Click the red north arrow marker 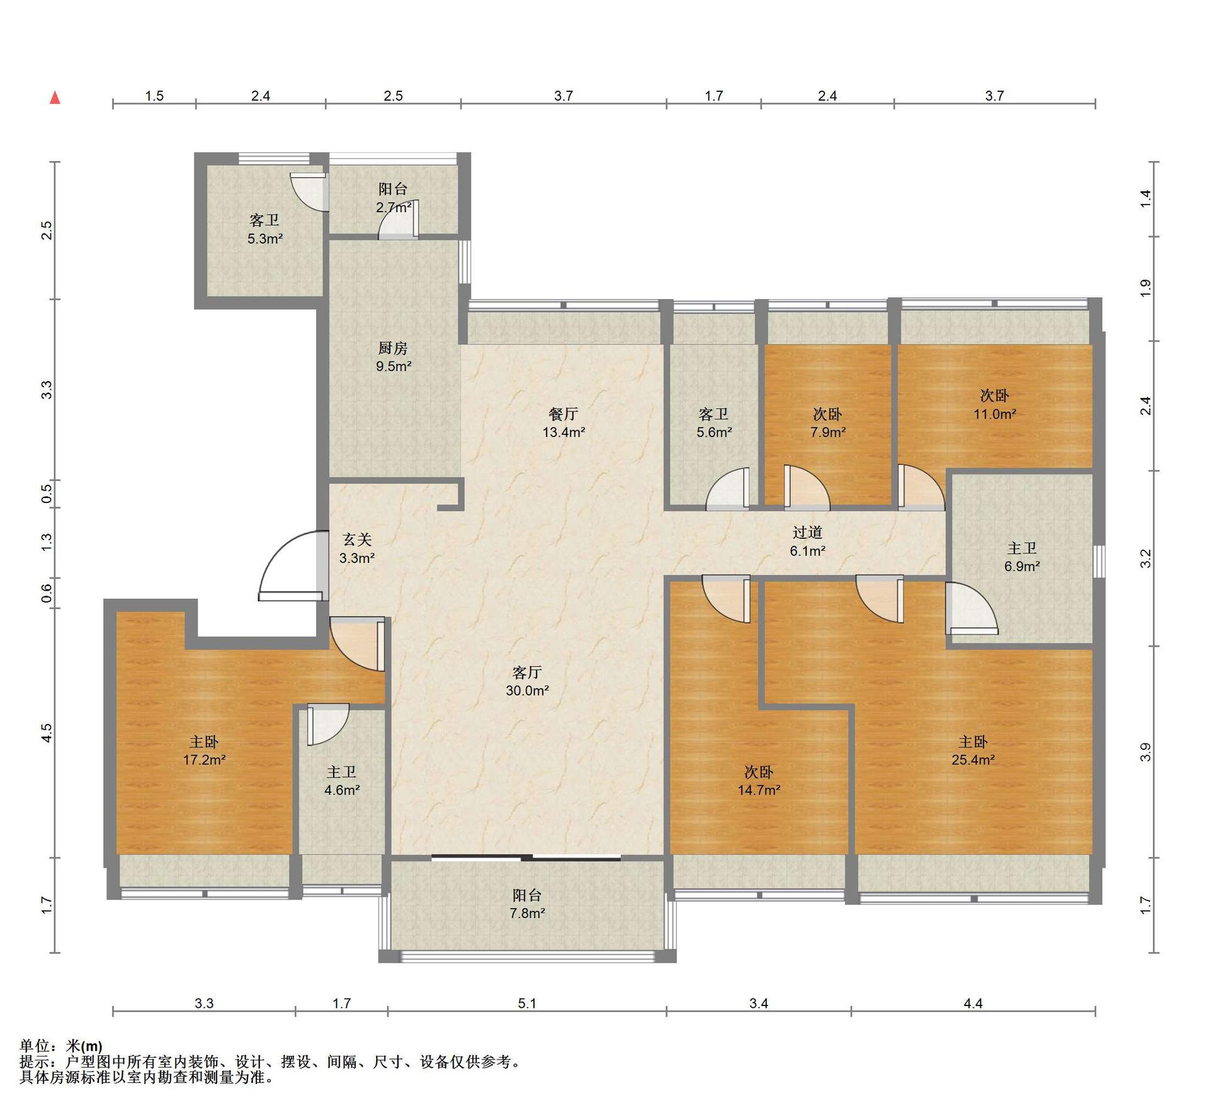[55, 98]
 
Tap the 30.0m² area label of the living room [527, 691]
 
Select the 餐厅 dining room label [564, 414]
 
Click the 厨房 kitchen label [393, 348]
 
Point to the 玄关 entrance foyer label [357, 540]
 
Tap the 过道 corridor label [808, 533]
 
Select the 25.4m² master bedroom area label [973, 760]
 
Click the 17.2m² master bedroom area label [205, 760]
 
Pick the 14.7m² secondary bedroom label [759, 790]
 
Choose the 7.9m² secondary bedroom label [827, 433]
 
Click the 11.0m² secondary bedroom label [995, 414]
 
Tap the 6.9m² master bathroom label [1021, 567]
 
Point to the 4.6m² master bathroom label [342, 790]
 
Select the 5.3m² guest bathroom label [265, 239]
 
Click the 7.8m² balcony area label [527, 914]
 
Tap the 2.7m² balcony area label [394, 208]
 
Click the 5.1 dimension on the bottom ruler [527, 1004]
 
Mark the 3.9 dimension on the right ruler [1145, 752]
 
